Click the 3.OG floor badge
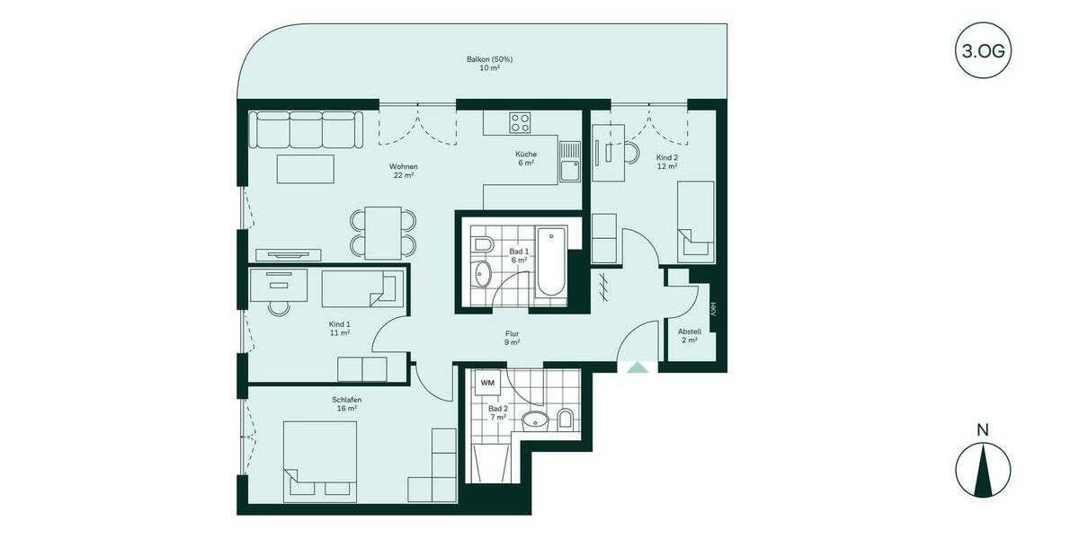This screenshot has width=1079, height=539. pyautogui.click(x=983, y=50)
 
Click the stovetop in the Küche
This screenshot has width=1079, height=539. pyautogui.click(x=521, y=122)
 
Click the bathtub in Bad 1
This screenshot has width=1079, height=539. pyautogui.click(x=550, y=261)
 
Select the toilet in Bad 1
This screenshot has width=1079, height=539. pyautogui.click(x=481, y=244)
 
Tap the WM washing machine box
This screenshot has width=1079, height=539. pyautogui.click(x=487, y=383)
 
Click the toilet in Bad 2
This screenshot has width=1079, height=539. pyautogui.click(x=566, y=419)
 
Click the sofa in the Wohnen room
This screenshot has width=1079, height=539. pyautogui.click(x=306, y=130)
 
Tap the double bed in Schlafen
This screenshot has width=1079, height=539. pyautogui.click(x=320, y=460)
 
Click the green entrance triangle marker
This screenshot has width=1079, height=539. pyautogui.click(x=637, y=367)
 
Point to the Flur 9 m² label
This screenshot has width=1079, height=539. pyautogui.click(x=512, y=338)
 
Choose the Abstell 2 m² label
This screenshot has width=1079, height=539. pyautogui.click(x=690, y=336)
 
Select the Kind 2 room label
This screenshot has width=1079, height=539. pyautogui.click(x=666, y=160)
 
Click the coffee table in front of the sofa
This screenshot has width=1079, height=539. pyautogui.click(x=305, y=169)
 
